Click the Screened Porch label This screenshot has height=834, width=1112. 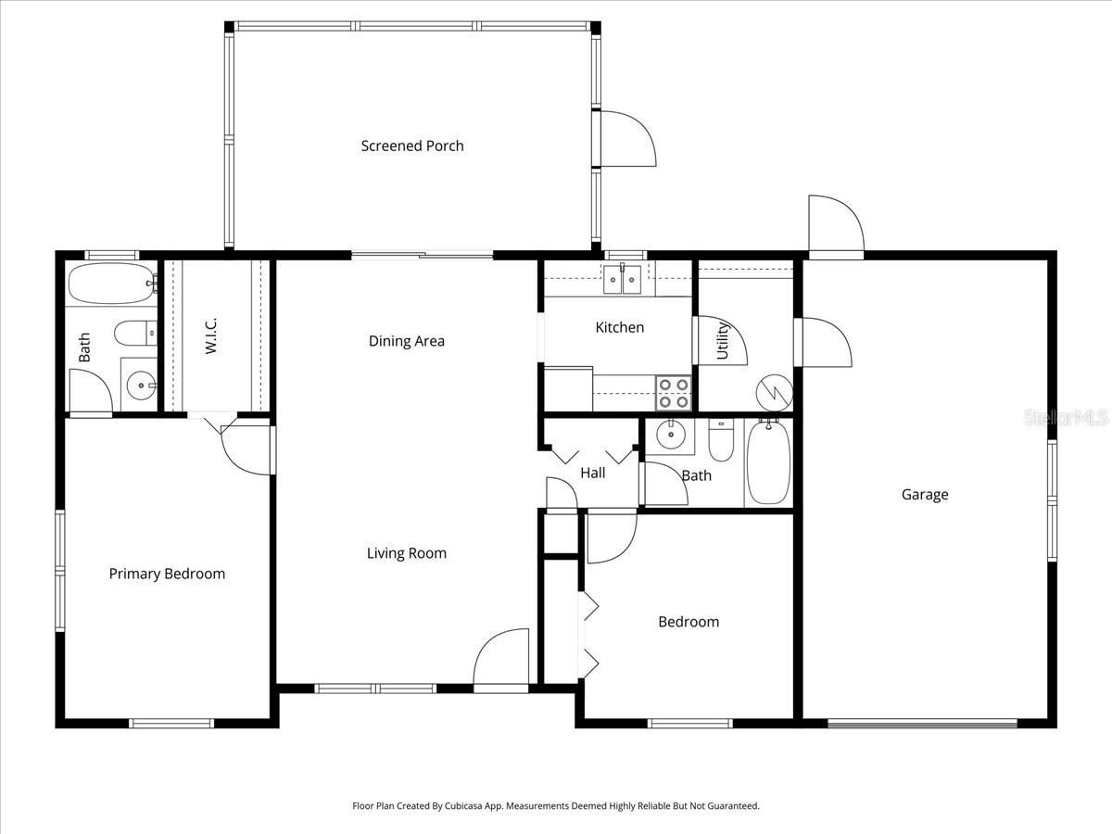pos(412,145)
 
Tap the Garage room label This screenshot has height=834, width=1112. pos(925,495)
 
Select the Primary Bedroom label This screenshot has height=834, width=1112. pos(167,574)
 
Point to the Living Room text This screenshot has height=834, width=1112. pos(407,553)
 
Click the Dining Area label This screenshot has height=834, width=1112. pos(407,341)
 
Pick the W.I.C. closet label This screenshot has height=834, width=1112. pos(211,335)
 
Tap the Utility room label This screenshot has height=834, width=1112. pos(724,340)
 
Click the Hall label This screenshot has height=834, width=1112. pos(593,473)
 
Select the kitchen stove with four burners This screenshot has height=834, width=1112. pos(674,393)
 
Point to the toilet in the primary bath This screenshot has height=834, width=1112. pos(135,331)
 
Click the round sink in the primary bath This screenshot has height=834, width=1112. pos(141,383)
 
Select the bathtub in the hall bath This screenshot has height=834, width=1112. pos(768,461)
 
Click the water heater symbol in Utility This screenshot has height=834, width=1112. pos(773,392)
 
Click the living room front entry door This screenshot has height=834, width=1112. pos(501,660)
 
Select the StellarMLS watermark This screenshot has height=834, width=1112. pos(1066,419)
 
